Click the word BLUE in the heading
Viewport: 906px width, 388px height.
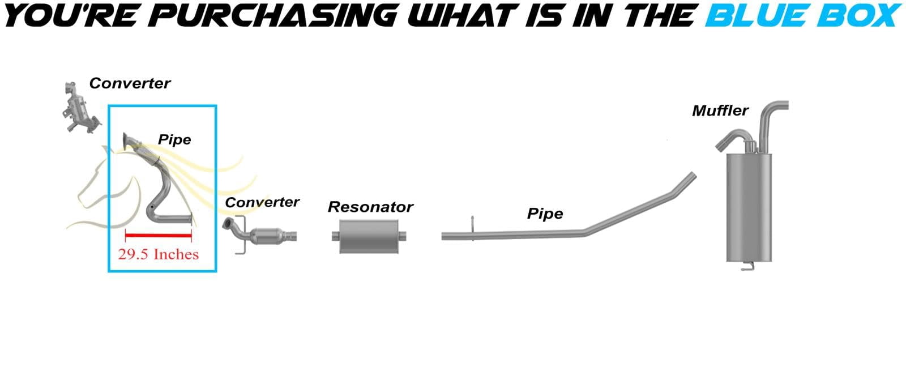(x=757, y=15)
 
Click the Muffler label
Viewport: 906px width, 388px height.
(x=720, y=110)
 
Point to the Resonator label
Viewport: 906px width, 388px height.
(x=370, y=207)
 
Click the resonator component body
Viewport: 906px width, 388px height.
(x=369, y=236)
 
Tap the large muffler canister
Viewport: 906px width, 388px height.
(x=749, y=207)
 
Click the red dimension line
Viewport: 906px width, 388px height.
(x=158, y=235)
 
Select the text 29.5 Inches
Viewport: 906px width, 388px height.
(x=158, y=254)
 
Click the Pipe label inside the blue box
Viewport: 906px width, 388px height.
(x=174, y=139)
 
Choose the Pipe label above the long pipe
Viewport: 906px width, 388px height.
(x=545, y=214)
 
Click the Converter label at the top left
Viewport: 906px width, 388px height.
(x=130, y=83)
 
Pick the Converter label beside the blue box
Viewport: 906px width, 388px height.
(x=262, y=202)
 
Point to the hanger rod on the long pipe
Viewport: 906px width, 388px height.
(x=472, y=228)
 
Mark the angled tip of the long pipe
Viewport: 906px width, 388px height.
(x=693, y=176)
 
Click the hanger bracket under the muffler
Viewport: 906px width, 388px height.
(x=747, y=266)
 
